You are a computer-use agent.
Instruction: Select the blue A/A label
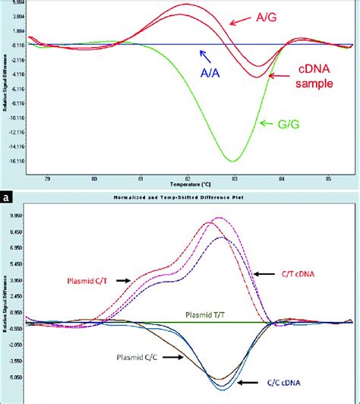pos(211,73)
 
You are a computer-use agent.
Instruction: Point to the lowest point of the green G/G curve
pos(233,160)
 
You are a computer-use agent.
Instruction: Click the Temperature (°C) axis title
pos(185,185)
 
